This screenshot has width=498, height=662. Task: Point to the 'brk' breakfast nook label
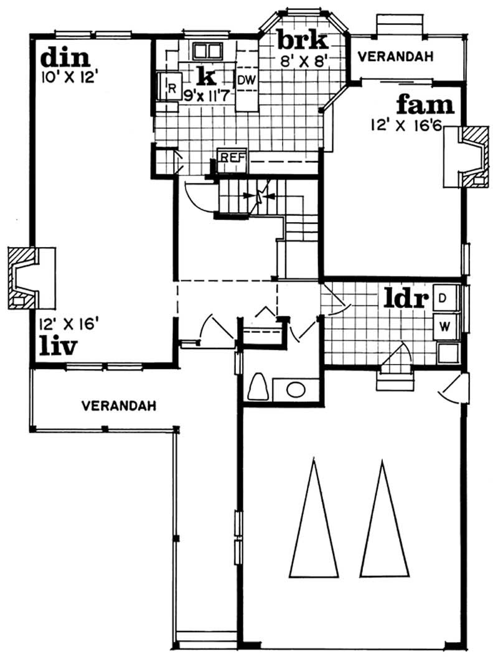pyautogui.click(x=302, y=41)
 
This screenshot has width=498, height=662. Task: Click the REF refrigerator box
pyautogui.click(x=230, y=157)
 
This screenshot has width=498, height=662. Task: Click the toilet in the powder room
pyautogui.click(x=258, y=387)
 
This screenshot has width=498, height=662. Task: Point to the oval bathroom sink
pyautogui.click(x=296, y=390)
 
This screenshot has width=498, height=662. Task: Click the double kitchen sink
pyautogui.click(x=208, y=51)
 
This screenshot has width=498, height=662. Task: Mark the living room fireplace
pyautogui.click(x=24, y=278)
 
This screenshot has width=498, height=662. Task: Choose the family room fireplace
pyautogui.click(x=466, y=156)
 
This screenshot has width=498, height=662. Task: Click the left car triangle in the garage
pyautogui.click(x=314, y=520)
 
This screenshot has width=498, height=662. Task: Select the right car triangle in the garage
pyautogui.click(x=384, y=520)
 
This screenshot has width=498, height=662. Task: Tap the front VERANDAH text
pyautogui.click(x=118, y=406)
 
